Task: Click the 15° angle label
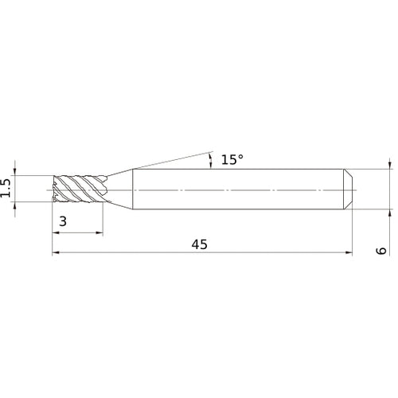(232, 160)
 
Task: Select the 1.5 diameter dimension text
(7, 189)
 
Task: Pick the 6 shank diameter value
(382, 250)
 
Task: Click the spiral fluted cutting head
(78, 189)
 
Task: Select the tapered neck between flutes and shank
(119, 189)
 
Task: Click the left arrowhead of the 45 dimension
(56, 254)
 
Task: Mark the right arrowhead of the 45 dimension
(349, 254)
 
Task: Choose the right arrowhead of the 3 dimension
(99, 233)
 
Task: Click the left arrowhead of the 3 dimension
(56, 233)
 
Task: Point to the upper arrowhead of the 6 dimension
(390, 165)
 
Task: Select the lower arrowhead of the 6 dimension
(390, 213)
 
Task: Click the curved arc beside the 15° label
(210, 161)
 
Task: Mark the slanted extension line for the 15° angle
(171, 158)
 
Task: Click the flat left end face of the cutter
(53, 189)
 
